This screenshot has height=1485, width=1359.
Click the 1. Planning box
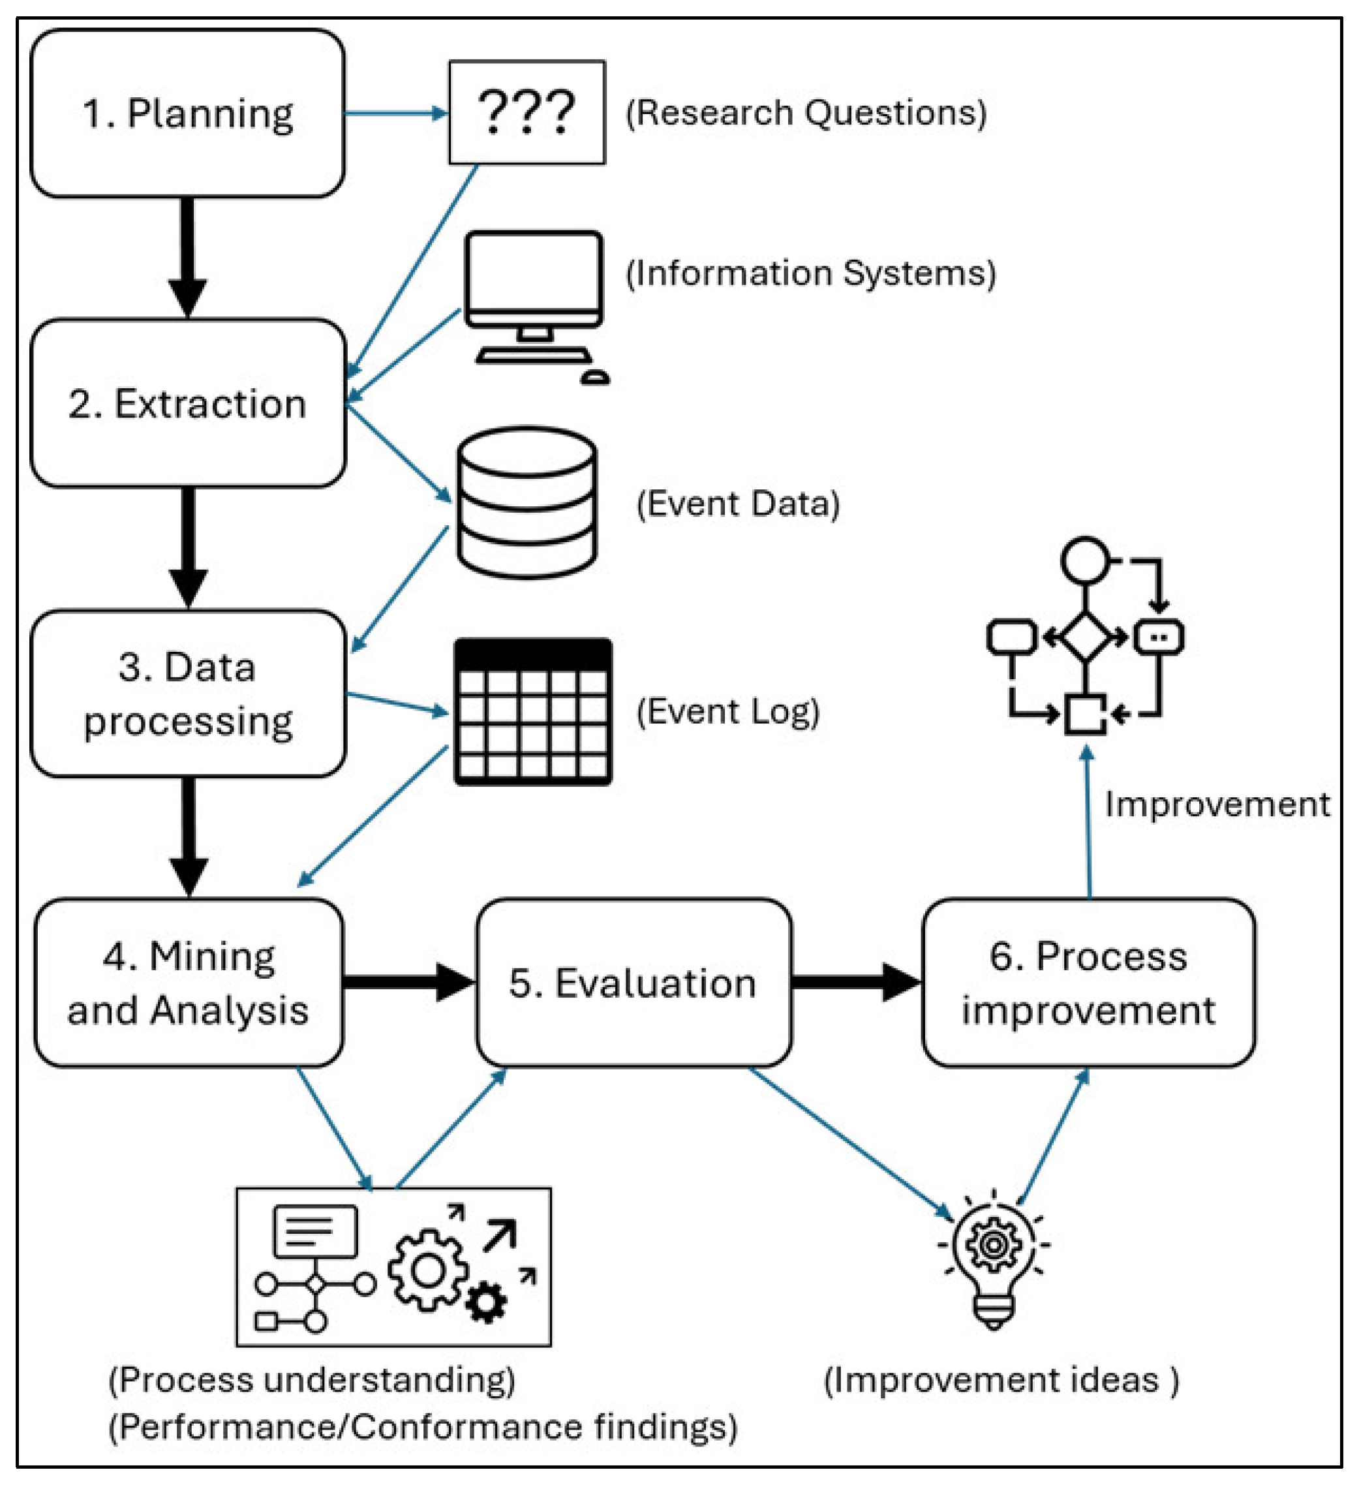(188, 114)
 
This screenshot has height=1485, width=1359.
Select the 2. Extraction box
(188, 404)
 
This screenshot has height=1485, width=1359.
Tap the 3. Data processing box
(188, 694)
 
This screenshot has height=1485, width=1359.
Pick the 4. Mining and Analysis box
(189, 983)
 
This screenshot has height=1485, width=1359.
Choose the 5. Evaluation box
(634, 983)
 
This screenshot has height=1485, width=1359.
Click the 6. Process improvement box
(1088, 983)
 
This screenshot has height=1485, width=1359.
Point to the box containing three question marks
(527, 112)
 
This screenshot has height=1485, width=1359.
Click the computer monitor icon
(535, 284)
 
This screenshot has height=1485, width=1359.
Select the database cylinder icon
(527, 502)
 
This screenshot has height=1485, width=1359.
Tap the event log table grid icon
(532, 712)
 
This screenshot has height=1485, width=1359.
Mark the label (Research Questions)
(806, 114)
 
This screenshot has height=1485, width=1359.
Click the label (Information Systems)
(810, 273)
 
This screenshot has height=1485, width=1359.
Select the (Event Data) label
(738, 504)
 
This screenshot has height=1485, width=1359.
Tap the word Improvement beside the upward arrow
(1217, 804)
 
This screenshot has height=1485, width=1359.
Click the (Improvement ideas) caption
(1001, 1381)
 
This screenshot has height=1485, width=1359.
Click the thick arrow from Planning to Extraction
(188, 258)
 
